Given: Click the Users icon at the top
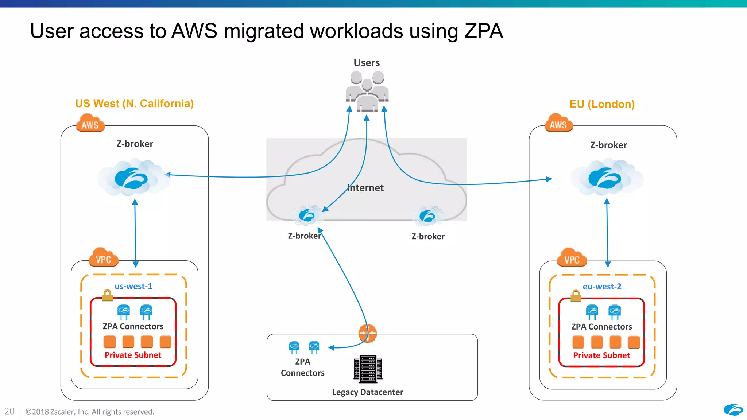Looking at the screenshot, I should coord(367,91).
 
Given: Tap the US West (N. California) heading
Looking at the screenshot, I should coord(134,104).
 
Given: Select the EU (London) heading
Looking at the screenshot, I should coord(602,104).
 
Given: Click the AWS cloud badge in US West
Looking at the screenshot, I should coord(90,124).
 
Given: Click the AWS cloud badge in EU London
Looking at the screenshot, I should coord(558,124).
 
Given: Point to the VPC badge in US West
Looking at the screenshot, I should coord(104,258).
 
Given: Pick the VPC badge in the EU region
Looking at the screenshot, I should coord(572,258).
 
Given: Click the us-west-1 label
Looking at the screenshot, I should coord(133,286).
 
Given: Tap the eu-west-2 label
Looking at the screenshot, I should coord(602,287).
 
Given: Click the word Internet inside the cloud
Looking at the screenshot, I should coord(365,188).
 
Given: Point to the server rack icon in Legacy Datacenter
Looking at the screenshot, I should coord(368,369).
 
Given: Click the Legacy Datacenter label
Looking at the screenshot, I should coord(368,392).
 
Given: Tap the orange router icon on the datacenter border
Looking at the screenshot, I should coord(367,333).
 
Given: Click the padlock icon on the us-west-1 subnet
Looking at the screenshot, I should coord(107,295).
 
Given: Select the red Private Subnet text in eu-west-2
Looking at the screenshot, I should coord(601,355).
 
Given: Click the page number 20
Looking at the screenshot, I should coord(9,411).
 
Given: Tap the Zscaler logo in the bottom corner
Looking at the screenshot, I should coord(733,410).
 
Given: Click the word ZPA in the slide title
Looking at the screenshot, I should coord(484,31).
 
